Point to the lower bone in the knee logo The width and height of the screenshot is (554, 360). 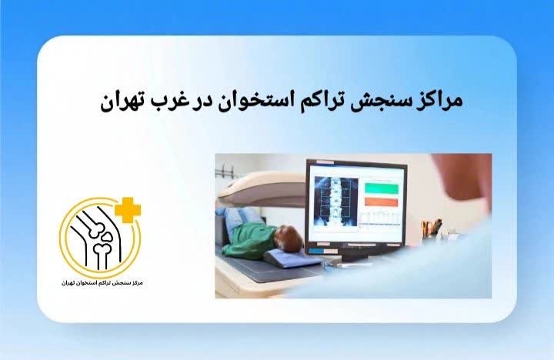click(100, 254)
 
